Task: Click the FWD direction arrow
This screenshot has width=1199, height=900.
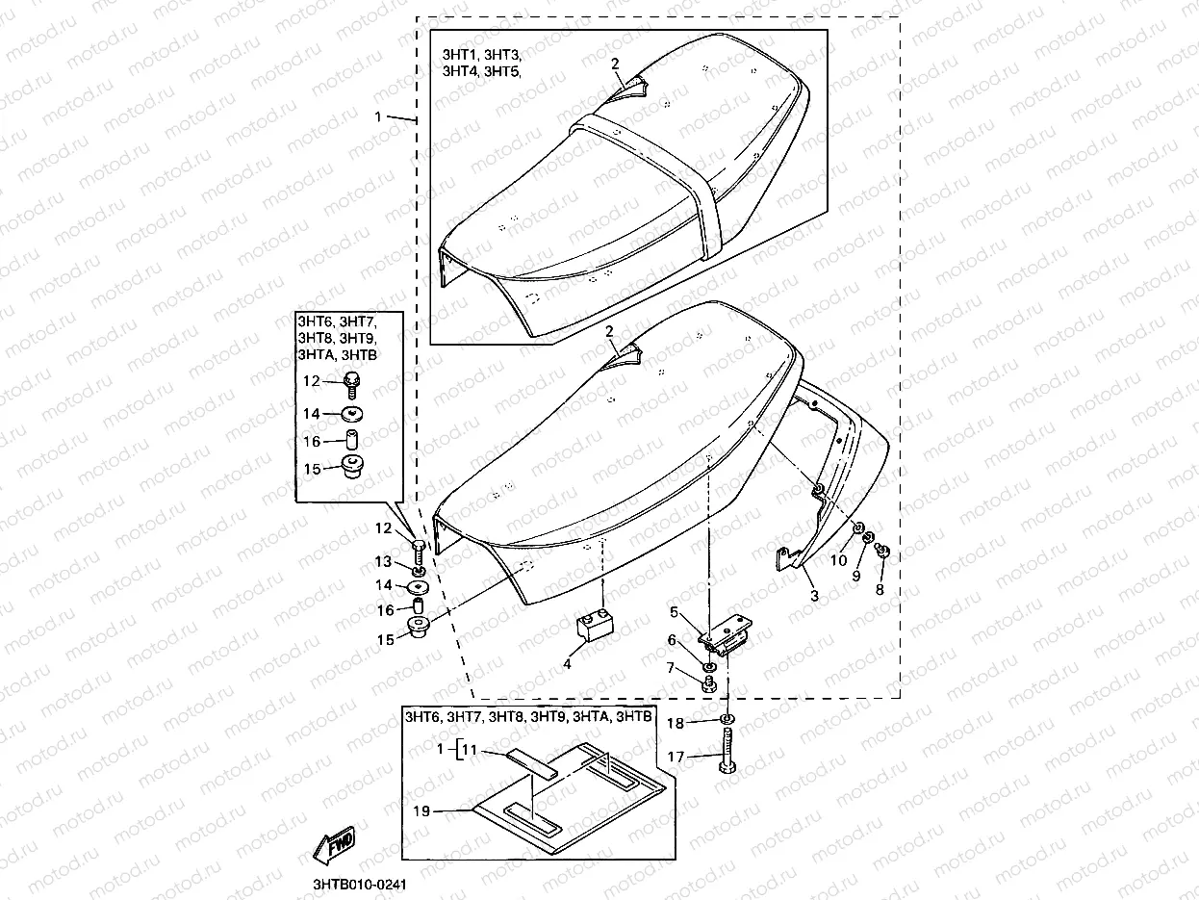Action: (x=334, y=847)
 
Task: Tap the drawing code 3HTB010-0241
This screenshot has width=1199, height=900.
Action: (x=353, y=884)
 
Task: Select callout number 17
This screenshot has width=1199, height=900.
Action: (x=676, y=758)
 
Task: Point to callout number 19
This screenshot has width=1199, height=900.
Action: (x=421, y=811)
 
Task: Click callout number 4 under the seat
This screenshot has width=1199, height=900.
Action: (x=567, y=663)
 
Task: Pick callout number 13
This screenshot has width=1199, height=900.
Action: (x=383, y=561)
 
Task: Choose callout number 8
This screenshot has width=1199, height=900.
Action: (x=879, y=590)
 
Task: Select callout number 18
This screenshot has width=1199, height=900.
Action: (x=676, y=723)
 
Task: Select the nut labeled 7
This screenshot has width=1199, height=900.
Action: (x=708, y=681)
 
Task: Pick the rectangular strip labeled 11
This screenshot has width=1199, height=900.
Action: (x=533, y=763)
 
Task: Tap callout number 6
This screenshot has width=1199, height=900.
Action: (x=673, y=640)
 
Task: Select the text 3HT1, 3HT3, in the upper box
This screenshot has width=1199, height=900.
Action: (x=481, y=55)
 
